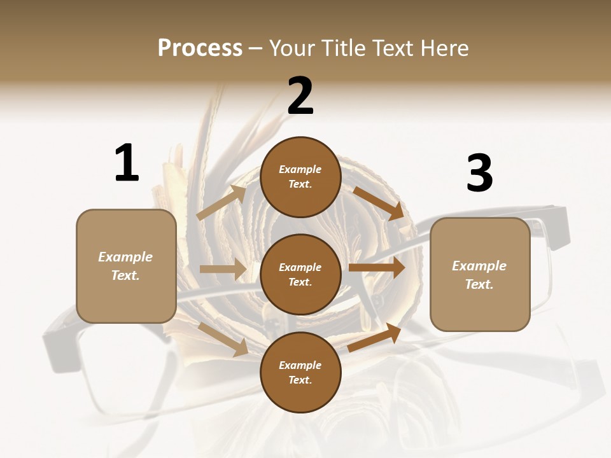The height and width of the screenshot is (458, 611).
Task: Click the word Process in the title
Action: pos(200,48)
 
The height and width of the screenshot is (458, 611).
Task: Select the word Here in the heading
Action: pos(443,48)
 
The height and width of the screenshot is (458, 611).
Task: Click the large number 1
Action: pos(127,163)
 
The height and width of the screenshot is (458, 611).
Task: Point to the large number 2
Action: pos(300,96)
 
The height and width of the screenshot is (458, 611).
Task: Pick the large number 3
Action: pos(479,173)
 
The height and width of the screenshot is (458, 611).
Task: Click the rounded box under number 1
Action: pos(126,266)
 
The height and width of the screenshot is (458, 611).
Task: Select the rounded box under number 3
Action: pos(480,274)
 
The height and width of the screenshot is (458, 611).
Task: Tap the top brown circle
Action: pos(300,177)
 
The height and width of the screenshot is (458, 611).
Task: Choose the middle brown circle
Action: pos(300,274)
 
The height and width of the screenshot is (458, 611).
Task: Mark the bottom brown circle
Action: pos(300,372)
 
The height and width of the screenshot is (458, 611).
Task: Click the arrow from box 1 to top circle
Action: pos(221,203)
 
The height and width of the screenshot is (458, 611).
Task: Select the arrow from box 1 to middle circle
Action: pos(223,269)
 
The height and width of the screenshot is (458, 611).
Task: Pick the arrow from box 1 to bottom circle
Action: pos(223,339)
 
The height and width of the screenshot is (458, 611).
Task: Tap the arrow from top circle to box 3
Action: pos(378,203)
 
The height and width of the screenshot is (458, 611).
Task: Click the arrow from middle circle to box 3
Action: pos(377,267)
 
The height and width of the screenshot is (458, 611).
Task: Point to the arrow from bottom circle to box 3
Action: pos(374,337)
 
